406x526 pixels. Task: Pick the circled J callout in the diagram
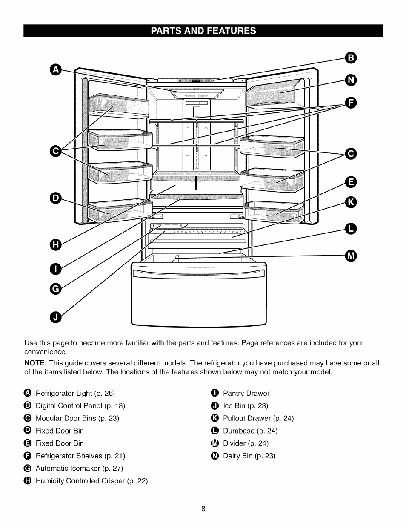pos(56,317)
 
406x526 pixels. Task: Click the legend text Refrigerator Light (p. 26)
pos(75,393)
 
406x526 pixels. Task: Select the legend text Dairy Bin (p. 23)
pos(249,456)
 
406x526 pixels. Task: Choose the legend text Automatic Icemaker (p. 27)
pos(79,468)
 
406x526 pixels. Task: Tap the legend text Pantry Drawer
pos(246,393)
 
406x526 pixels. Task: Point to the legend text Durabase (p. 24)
pos(250,431)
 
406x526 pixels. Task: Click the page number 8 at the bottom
pos(203,509)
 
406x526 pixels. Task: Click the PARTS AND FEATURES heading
pos(203,31)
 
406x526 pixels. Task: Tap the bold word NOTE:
pos(35,363)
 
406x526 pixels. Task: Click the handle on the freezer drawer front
pos(199,273)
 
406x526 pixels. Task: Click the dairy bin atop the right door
pos(274,93)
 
